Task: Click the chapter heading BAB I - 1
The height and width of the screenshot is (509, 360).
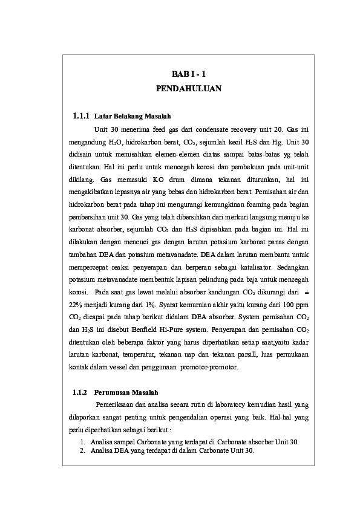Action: tap(189, 74)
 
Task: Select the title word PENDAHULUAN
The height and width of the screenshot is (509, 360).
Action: tap(189, 89)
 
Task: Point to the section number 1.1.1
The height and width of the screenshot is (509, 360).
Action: tap(81, 115)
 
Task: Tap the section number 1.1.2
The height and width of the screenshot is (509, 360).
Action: tap(80, 392)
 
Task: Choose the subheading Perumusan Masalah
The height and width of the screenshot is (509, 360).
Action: tap(129, 392)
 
